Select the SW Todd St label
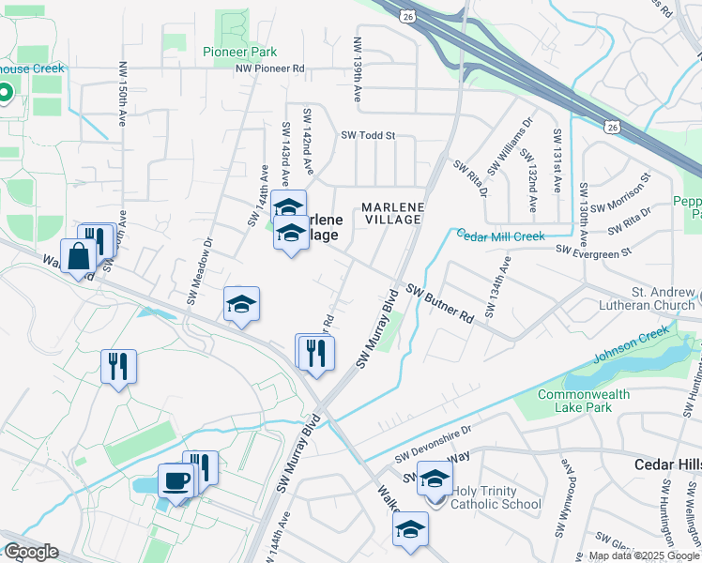(x=368, y=135)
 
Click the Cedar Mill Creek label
(x=500, y=236)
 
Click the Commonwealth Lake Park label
(x=584, y=402)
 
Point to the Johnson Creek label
(x=633, y=346)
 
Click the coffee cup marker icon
(x=176, y=481)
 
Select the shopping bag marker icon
(x=78, y=256)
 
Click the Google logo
(x=30, y=552)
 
